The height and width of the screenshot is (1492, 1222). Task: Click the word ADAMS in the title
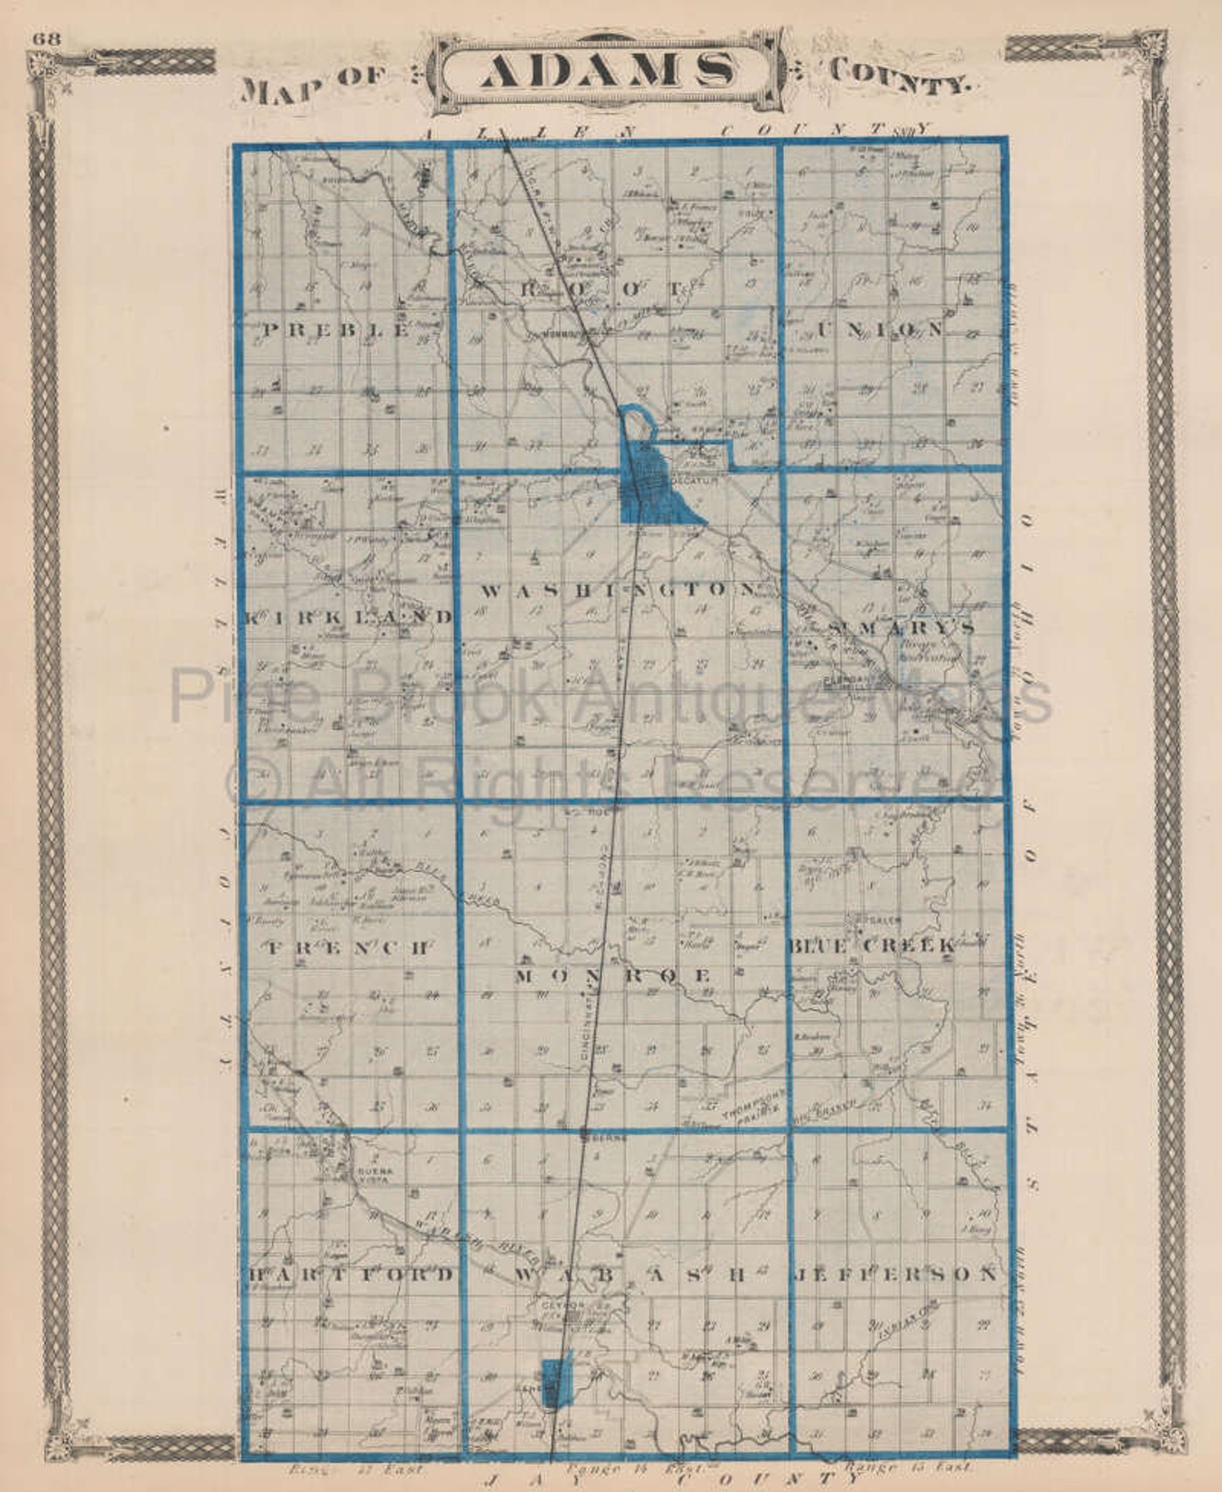[x=607, y=72]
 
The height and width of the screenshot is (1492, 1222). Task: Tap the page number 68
[x=42, y=40]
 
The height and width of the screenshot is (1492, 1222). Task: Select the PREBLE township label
[x=336, y=331]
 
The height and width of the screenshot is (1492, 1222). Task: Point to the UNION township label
[x=880, y=330]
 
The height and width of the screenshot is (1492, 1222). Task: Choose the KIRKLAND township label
[x=350, y=616]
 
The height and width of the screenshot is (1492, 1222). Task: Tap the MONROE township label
[x=613, y=976]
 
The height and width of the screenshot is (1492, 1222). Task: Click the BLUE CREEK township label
[x=871, y=945]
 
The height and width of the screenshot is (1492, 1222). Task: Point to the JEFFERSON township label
[x=894, y=1273]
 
